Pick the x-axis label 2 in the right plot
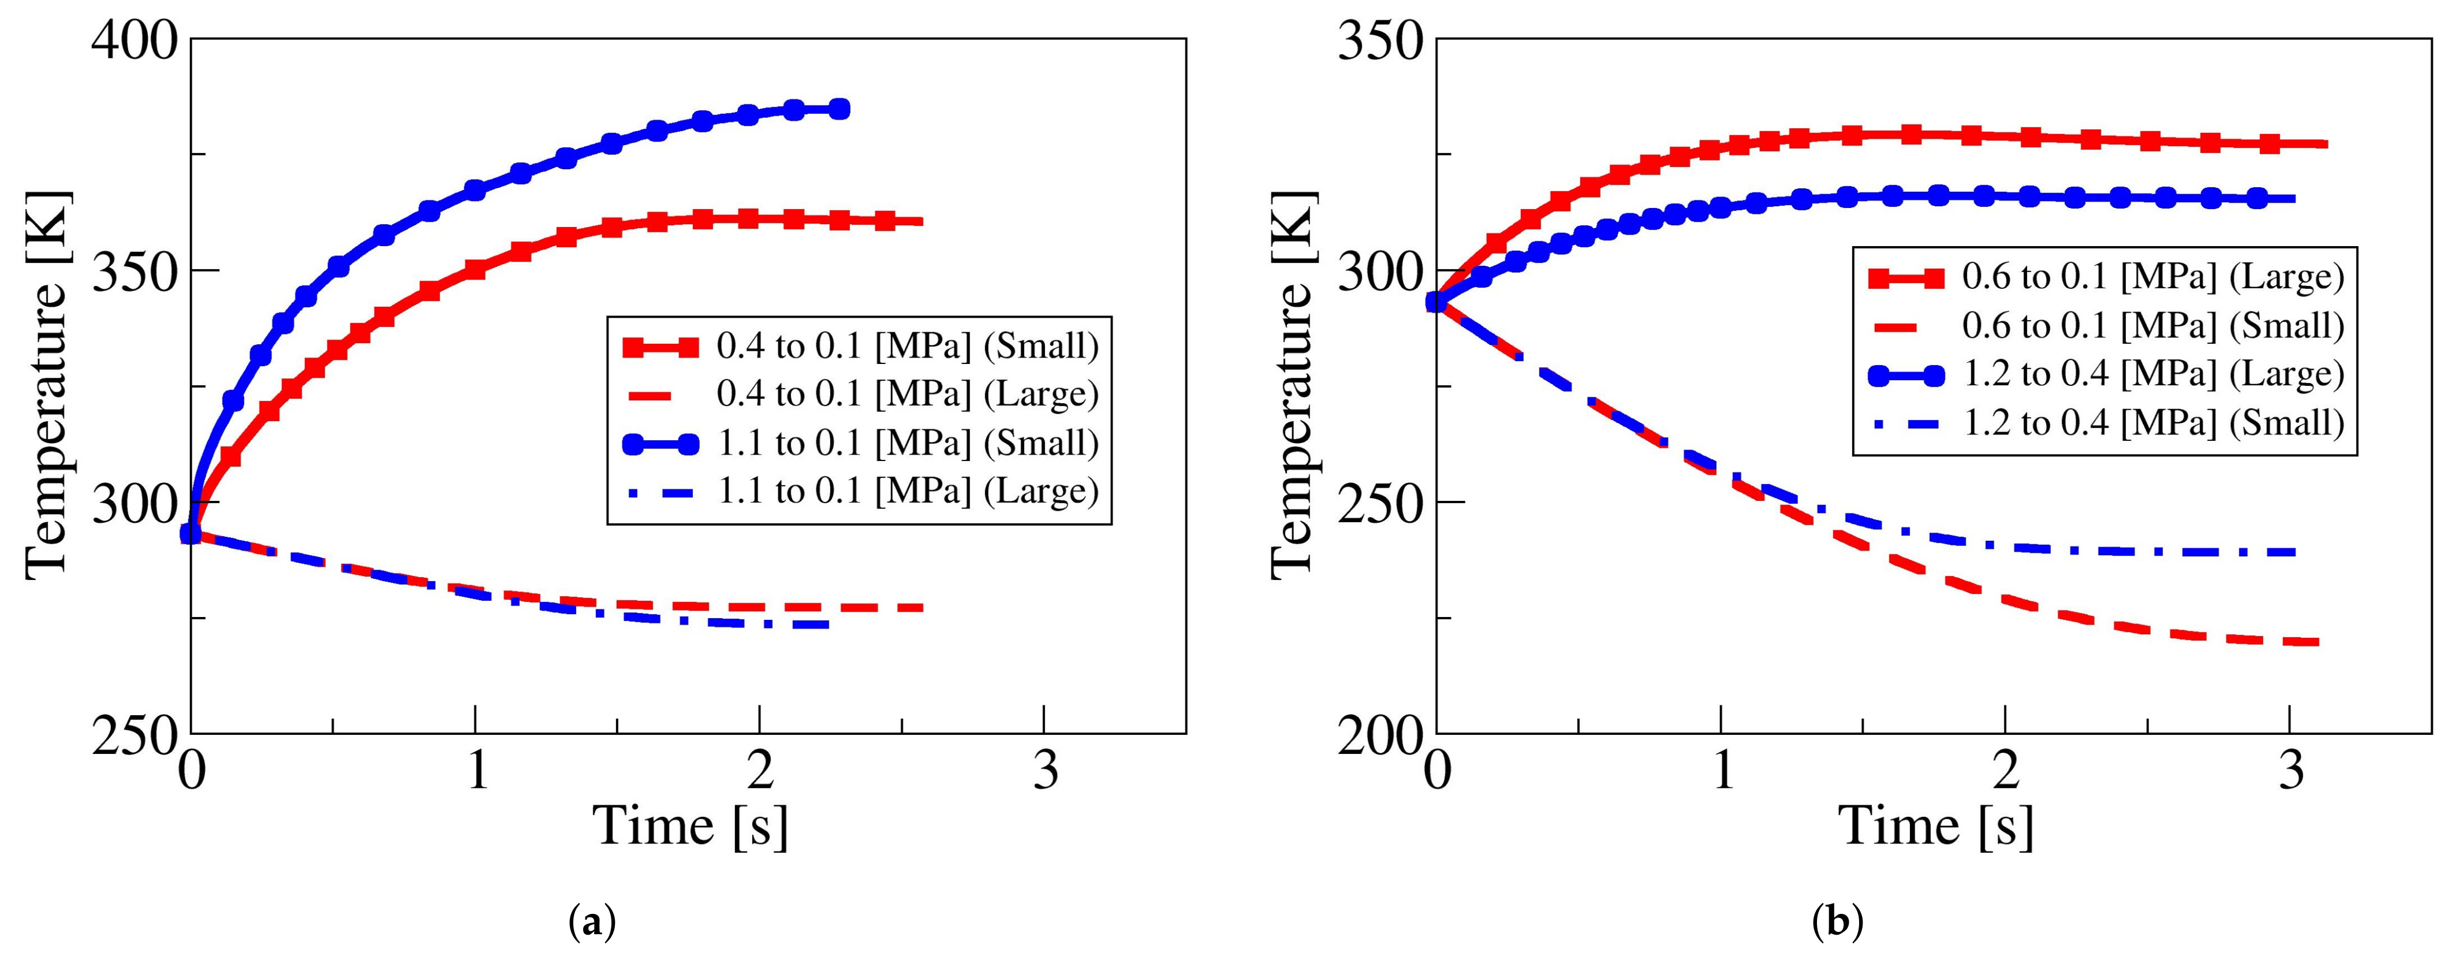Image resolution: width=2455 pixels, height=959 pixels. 2005,770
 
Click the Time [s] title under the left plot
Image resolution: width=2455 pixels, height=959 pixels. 691,826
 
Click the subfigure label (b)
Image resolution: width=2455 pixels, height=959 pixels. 1837,923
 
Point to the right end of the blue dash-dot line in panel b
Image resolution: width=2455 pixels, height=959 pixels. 2295,552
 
